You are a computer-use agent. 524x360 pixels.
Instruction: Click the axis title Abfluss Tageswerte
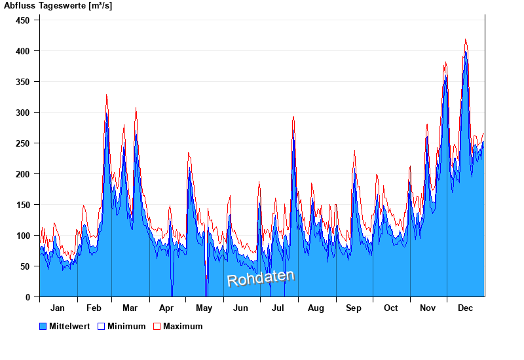coord(58,6)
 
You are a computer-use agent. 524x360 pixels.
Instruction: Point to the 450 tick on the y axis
coord(23,20)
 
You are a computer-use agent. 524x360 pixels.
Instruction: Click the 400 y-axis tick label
coord(23,51)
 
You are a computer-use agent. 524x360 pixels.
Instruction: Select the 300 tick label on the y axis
coord(23,113)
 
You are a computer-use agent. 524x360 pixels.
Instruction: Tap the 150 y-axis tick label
coord(23,205)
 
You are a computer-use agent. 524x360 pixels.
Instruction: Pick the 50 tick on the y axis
coord(26,266)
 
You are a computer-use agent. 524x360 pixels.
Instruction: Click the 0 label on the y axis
coord(28,297)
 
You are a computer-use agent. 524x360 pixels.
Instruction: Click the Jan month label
coord(58,308)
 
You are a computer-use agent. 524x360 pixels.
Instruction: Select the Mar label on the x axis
coord(130,308)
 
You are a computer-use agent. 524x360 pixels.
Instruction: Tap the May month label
coord(204,308)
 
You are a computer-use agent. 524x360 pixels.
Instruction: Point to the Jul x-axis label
coord(278,308)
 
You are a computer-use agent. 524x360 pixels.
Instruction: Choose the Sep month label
coord(354,308)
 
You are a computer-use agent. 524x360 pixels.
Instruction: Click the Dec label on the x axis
coord(466,308)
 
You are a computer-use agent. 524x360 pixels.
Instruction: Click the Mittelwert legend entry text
coord(70,326)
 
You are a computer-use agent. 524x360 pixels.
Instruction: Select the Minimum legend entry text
coord(126,326)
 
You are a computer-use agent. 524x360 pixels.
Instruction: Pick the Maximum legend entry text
coord(183,326)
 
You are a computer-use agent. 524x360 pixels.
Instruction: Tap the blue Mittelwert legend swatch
coord(43,326)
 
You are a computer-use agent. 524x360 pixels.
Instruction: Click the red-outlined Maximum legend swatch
coord(157,326)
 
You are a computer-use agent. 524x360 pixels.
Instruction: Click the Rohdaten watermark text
coord(261,278)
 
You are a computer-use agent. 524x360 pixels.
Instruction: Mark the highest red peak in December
coord(465,39)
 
